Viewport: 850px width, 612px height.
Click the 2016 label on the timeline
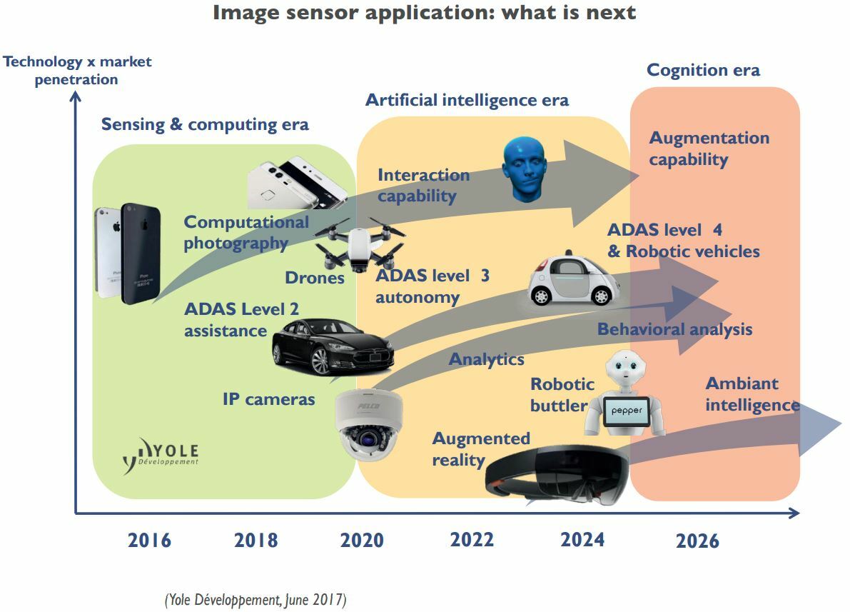click(149, 541)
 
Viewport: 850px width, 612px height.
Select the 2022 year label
click(472, 540)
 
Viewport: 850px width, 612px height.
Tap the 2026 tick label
click(697, 541)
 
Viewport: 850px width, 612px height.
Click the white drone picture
click(360, 245)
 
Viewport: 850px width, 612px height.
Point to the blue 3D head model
click(525, 169)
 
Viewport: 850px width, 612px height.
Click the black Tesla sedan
click(333, 347)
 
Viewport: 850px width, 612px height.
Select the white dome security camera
click(368, 424)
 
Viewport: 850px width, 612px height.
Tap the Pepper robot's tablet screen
click(626, 411)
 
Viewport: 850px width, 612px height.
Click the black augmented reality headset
click(557, 476)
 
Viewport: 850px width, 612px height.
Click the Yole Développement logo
click(161, 455)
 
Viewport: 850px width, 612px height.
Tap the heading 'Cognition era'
click(703, 70)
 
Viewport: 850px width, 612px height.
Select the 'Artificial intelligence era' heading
click(467, 101)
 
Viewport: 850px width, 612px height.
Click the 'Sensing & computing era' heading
click(205, 125)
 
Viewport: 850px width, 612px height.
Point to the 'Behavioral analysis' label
click(674, 329)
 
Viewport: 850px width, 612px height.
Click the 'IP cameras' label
click(268, 399)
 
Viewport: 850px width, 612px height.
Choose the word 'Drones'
click(315, 278)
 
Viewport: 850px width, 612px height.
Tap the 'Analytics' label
click(486, 359)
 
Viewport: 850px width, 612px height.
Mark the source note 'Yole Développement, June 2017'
click(255, 600)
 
